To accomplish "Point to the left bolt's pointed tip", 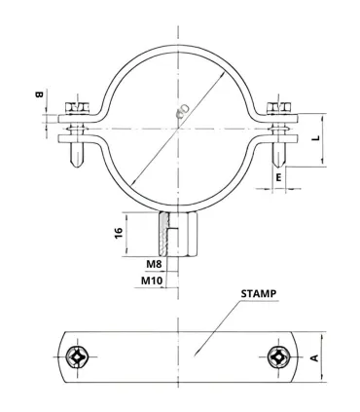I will pos(77,166).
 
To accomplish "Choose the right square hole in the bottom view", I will pos(276,358).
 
